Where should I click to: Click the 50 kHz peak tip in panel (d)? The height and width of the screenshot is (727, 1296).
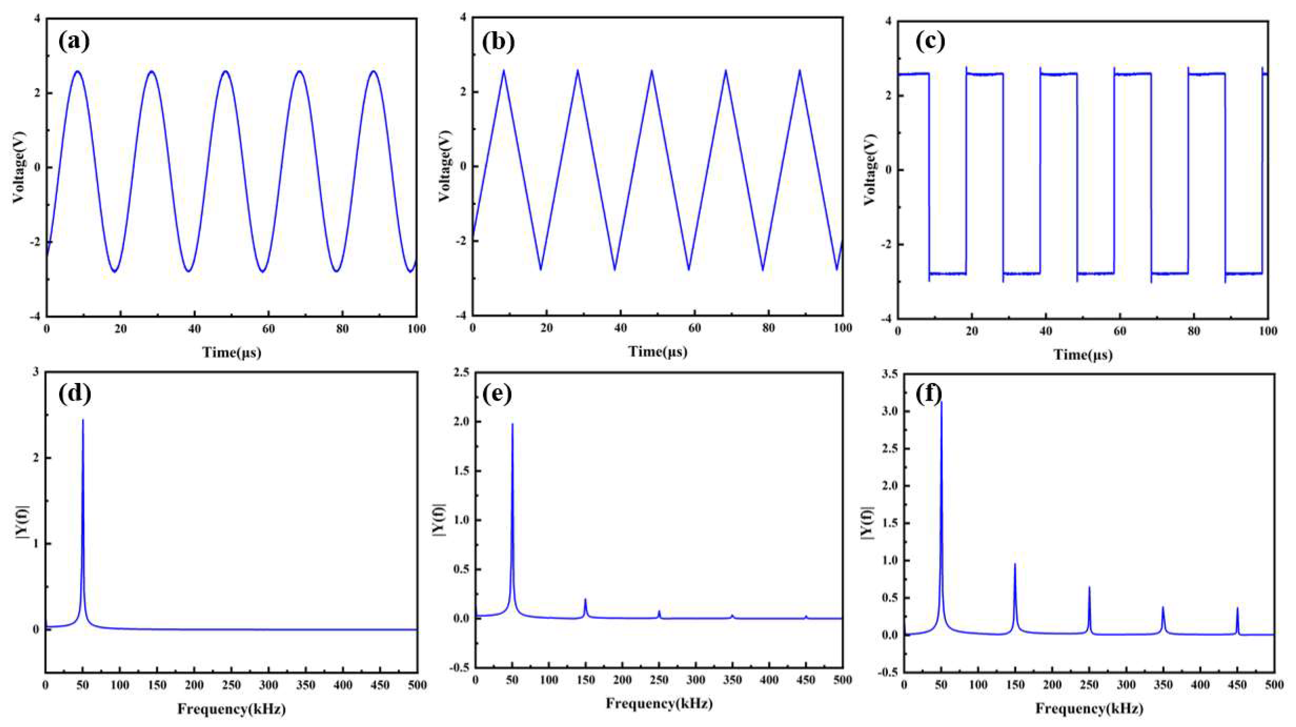click(83, 420)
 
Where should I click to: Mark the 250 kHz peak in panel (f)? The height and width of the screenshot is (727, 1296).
click(1089, 602)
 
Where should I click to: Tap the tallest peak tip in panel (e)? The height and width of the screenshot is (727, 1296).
click(512, 424)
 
